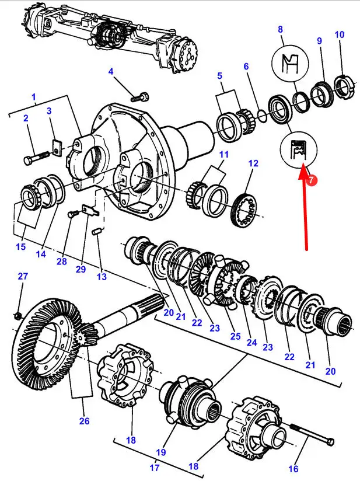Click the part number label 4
pyautogui.click(x=111, y=72)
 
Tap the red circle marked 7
pyautogui.click(x=312, y=181)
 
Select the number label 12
pyautogui.click(x=253, y=164)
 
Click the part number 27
pyautogui.click(x=22, y=276)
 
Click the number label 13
pyautogui.click(x=102, y=277)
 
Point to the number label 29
pyautogui.click(x=81, y=269)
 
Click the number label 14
pyautogui.click(x=41, y=254)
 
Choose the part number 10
pyautogui.click(x=340, y=34)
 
